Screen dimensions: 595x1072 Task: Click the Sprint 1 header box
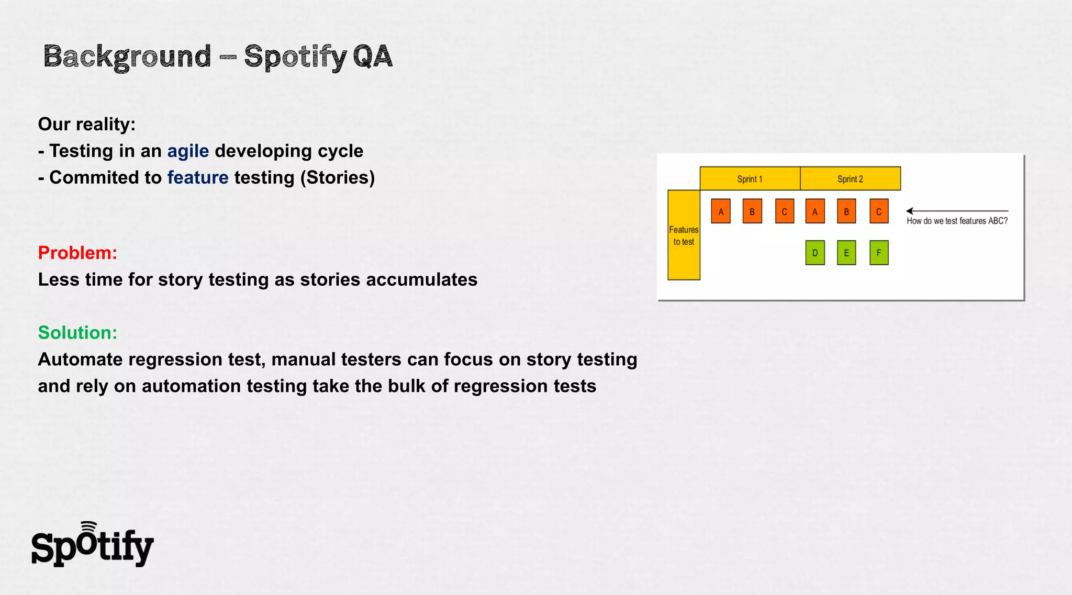click(x=750, y=178)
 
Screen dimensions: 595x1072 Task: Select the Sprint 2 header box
click(x=850, y=178)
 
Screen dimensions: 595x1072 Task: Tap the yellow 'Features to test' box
click(x=684, y=235)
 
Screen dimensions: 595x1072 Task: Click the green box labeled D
click(x=815, y=253)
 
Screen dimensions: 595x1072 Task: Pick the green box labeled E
click(x=846, y=253)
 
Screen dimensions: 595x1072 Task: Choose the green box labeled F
click(x=879, y=253)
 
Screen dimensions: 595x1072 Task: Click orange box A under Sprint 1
click(x=721, y=211)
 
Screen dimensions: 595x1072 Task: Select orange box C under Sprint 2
click(x=879, y=211)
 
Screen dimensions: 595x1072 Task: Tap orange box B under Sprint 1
click(x=752, y=211)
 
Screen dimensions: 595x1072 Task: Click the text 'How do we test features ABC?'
click(x=957, y=221)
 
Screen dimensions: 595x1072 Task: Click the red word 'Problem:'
click(x=77, y=253)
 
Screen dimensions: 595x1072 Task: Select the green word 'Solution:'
click(x=77, y=332)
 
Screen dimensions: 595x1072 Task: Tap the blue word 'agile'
click(x=188, y=151)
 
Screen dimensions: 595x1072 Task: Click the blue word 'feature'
click(x=198, y=178)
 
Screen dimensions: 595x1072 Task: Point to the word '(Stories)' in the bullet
click(x=338, y=178)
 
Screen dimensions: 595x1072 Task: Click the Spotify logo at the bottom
click(x=92, y=545)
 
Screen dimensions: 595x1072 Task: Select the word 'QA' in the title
click(x=372, y=57)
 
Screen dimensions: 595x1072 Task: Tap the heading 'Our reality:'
click(x=87, y=125)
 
